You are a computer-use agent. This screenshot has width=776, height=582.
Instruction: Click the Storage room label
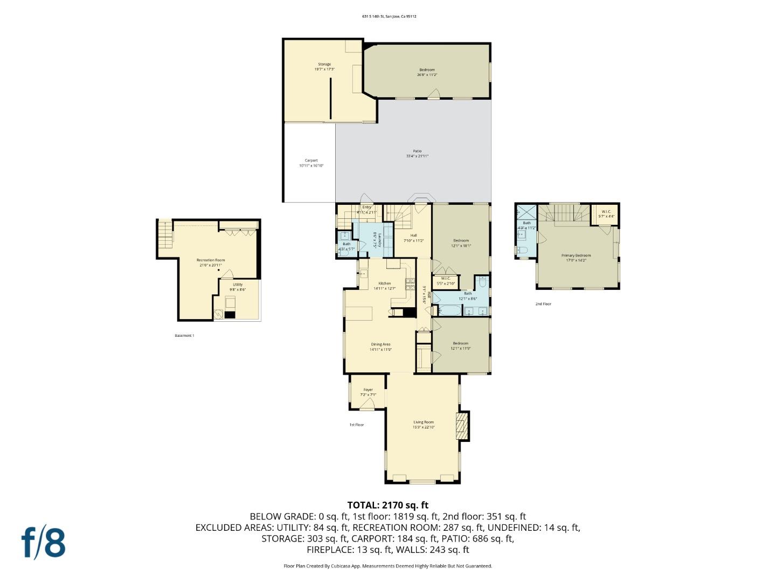(324, 64)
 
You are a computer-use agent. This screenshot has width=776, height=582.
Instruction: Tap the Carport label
(311, 161)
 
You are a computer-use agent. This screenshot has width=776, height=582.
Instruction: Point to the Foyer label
(368, 390)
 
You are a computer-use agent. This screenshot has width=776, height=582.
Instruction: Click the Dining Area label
(380, 344)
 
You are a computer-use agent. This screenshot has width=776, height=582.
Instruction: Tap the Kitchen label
(384, 283)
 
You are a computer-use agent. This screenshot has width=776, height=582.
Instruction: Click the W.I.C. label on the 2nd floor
(606, 211)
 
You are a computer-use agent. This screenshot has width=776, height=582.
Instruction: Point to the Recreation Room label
(211, 260)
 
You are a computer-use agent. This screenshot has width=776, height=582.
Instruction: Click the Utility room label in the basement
(238, 285)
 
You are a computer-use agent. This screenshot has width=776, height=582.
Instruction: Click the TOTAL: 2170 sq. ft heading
(387, 505)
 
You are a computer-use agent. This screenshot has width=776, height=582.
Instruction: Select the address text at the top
(389, 16)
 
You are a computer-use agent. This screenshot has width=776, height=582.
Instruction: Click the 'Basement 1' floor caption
(184, 336)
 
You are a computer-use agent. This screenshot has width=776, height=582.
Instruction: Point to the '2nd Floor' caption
(543, 304)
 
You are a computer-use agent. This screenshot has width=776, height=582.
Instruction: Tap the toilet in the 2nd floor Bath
(521, 250)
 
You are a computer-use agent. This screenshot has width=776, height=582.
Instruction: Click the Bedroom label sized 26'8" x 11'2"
(427, 70)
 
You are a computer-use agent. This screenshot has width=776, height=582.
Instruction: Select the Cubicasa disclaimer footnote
(387, 566)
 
